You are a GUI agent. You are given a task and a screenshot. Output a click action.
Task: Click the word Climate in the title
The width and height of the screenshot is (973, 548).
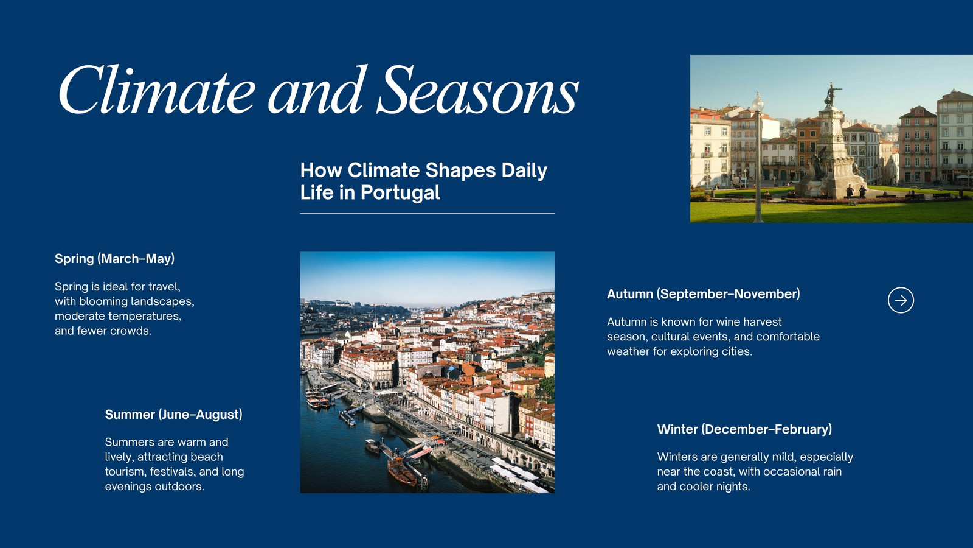pos(157,90)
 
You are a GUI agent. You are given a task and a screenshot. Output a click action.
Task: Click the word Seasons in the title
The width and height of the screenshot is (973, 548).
pos(477,90)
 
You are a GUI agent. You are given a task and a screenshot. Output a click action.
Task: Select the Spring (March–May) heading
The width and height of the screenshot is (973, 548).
pos(115,259)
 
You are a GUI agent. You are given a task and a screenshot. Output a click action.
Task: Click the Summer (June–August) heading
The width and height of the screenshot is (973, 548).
pos(174,415)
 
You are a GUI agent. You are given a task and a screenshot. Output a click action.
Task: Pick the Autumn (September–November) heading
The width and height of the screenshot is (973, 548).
pos(703,294)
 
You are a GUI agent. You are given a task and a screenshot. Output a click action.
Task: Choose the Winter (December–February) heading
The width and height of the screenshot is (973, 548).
pos(744,429)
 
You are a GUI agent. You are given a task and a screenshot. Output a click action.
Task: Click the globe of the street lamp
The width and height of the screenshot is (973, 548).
pos(758,103)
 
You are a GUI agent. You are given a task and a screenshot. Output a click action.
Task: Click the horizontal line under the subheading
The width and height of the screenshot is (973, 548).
pos(428,214)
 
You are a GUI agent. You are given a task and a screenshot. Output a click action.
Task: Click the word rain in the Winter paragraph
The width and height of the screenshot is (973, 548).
pos(829,472)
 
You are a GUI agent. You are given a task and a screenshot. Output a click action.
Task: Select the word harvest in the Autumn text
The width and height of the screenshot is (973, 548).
pos(763,322)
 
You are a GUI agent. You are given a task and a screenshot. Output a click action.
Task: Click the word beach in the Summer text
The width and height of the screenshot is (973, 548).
pos(207,457)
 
